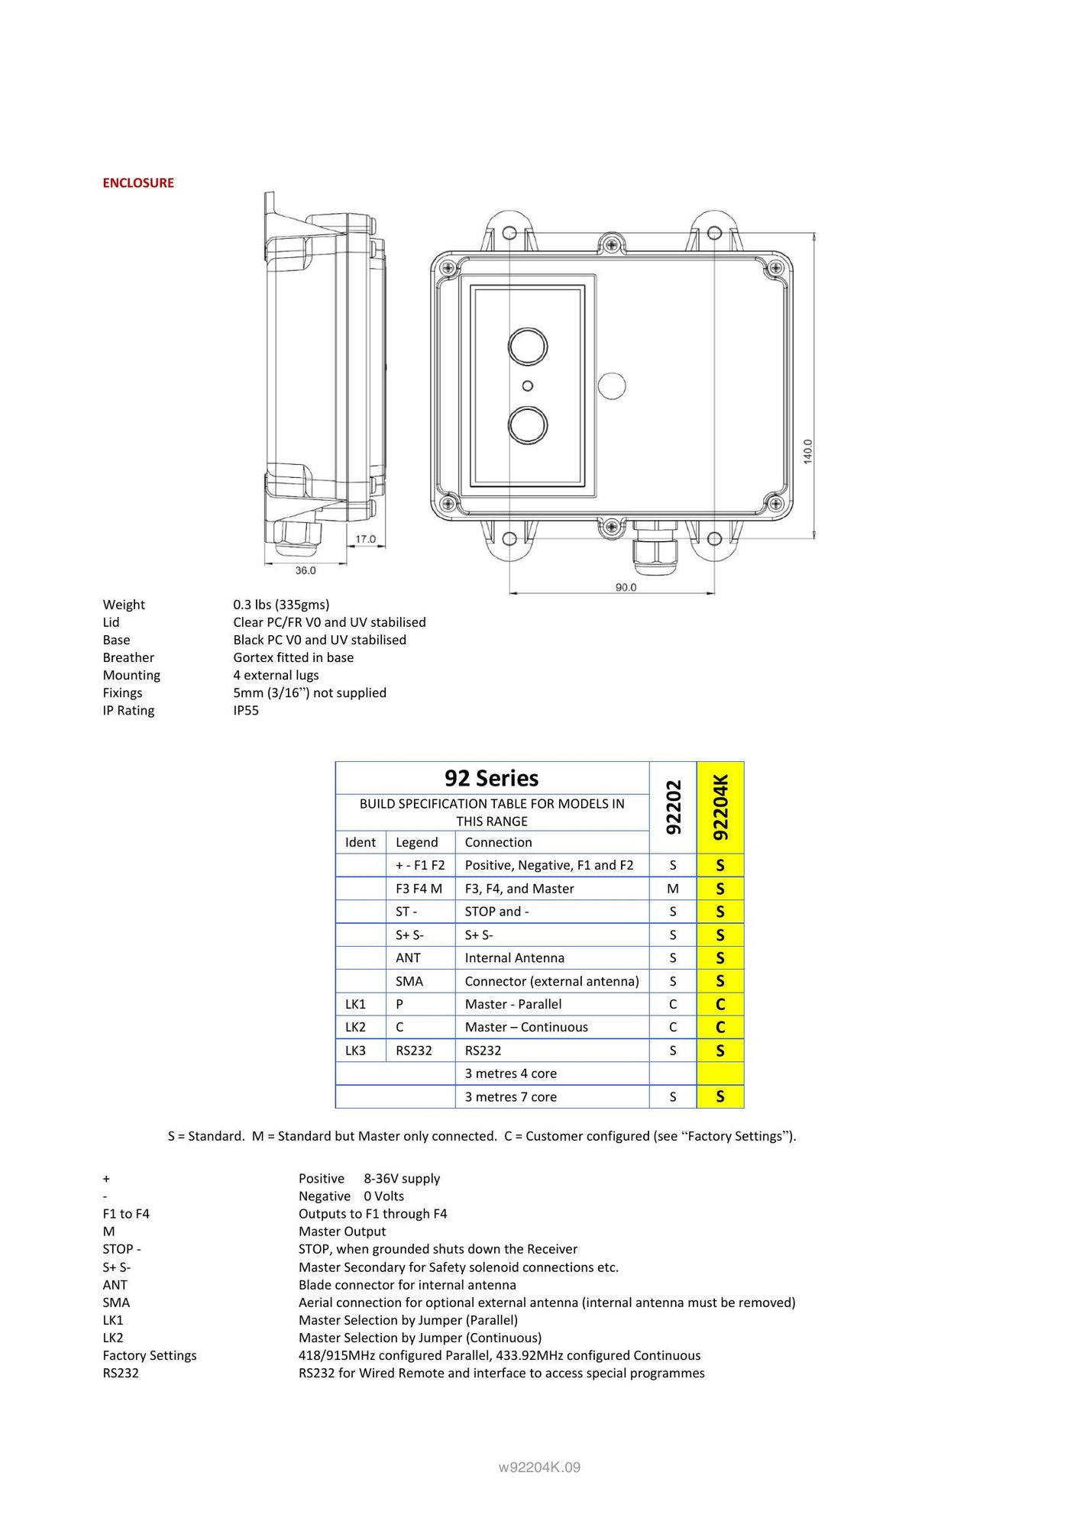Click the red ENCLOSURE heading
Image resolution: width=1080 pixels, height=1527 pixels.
(138, 183)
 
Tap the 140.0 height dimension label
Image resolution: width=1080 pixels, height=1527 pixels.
(808, 451)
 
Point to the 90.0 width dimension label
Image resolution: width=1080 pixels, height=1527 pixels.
(626, 587)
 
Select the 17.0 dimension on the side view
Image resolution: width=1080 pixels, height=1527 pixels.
(366, 539)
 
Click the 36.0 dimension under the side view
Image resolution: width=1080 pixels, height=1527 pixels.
(306, 570)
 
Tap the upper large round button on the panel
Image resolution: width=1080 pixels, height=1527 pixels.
(528, 347)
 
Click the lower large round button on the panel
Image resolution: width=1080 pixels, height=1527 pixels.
(528, 425)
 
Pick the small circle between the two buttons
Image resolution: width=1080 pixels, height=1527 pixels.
(528, 386)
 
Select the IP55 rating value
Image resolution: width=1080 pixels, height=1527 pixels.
(246, 711)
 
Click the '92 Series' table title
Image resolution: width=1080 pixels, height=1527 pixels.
(492, 778)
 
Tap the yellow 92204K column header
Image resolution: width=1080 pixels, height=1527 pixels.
(720, 807)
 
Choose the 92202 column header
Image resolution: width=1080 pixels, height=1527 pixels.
(673, 807)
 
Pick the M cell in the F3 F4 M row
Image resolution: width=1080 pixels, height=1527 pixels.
(673, 889)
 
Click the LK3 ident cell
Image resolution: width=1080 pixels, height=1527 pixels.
(355, 1051)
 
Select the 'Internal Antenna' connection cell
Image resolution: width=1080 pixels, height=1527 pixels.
(515, 958)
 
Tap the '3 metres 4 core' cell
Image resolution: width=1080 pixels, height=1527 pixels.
(511, 1073)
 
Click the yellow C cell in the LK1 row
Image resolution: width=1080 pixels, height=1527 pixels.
(720, 1005)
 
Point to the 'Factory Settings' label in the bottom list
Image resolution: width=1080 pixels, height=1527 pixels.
(150, 1355)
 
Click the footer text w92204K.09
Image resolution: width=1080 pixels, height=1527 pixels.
(539, 1467)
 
